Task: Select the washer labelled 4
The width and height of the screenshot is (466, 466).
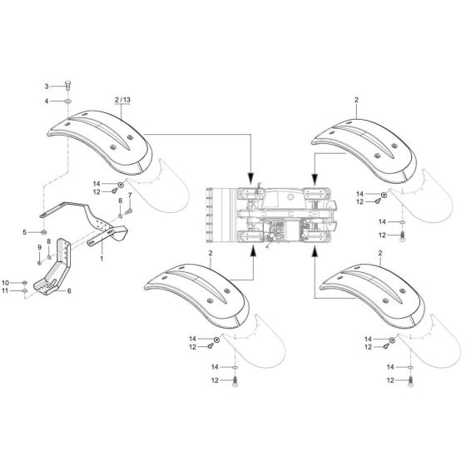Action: point(65,102)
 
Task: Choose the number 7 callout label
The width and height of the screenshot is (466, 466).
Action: point(130,195)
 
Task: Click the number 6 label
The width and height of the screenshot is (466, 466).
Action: point(69,290)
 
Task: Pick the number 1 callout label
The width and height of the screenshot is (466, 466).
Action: point(102,259)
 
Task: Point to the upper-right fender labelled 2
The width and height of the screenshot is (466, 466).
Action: point(364,141)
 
